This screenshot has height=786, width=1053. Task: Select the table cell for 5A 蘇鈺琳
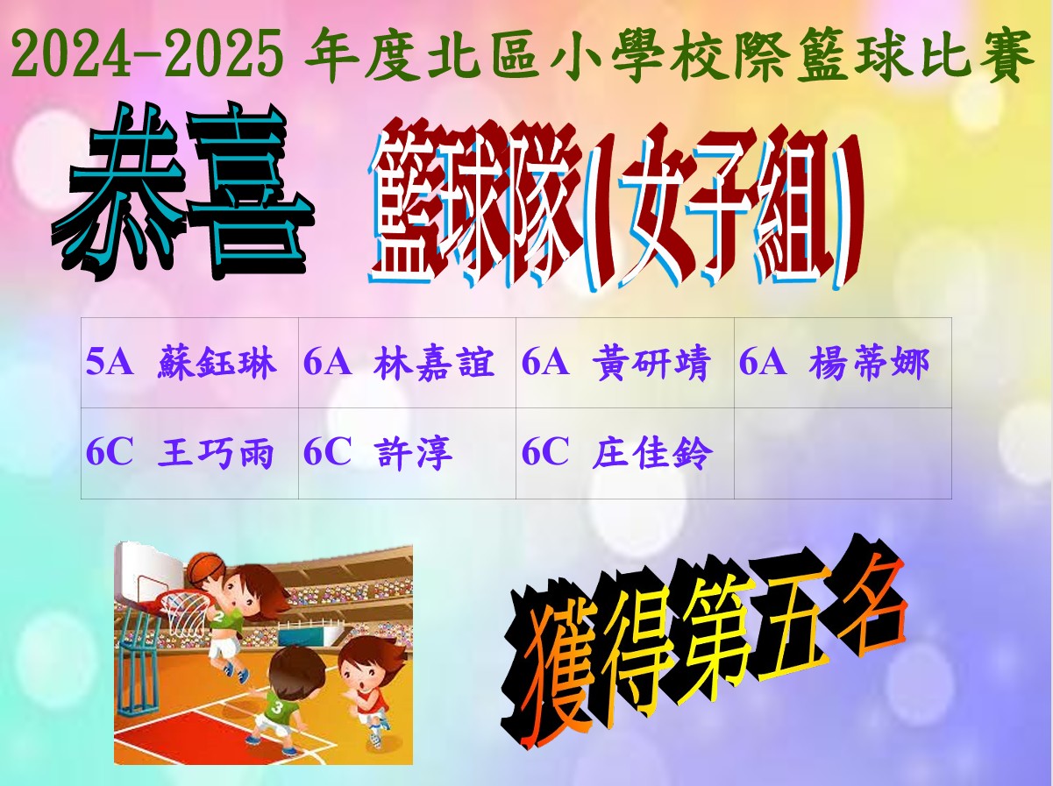tap(189, 363)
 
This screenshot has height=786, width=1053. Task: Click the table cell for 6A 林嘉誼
tap(408, 363)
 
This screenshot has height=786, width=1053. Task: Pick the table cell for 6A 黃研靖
tap(625, 363)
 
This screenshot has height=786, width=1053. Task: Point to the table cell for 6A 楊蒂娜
tap(843, 363)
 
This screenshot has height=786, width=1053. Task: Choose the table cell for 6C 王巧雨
tap(189, 453)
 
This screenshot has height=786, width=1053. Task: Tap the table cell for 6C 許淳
tap(408, 453)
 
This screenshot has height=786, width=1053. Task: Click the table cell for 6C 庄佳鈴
tap(625, 453)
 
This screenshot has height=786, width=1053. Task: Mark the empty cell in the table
tap(843, 453)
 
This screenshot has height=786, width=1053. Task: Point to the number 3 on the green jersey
tap(277, 707)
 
